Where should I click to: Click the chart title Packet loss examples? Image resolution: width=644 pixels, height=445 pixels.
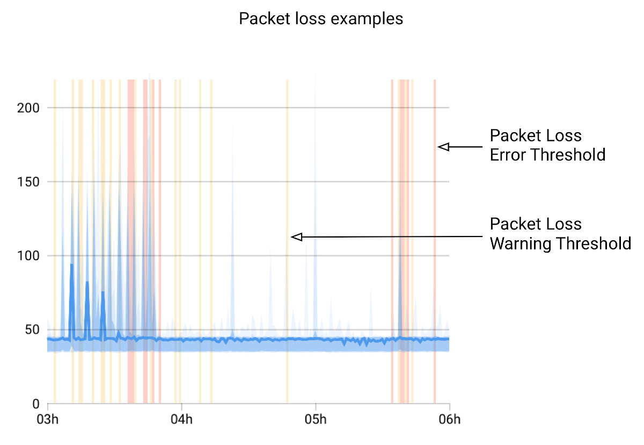[320, 19]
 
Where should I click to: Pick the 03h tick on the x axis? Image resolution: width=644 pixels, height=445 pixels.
[47, 419]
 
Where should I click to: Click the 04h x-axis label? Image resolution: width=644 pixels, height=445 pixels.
[181, 419]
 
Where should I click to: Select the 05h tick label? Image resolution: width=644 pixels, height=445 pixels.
[316, 419]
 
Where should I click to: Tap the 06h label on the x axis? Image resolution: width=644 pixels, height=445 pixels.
[449, 419]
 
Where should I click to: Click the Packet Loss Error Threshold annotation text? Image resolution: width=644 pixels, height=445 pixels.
[547, 145]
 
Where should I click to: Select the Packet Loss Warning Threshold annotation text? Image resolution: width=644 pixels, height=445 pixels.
[560, 234]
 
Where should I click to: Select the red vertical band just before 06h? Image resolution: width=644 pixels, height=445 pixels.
[434, 242]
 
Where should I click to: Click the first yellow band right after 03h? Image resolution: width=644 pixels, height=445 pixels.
[55, 242]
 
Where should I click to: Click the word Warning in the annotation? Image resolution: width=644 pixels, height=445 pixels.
[521, 243]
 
